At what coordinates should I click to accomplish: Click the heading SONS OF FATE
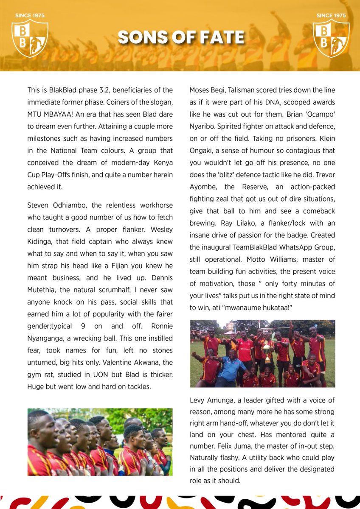click(181, 38)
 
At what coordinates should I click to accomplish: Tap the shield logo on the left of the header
click(29, 38)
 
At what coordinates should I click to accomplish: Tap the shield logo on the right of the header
click(331, 38)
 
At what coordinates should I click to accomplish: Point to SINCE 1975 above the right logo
click(331, 16)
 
